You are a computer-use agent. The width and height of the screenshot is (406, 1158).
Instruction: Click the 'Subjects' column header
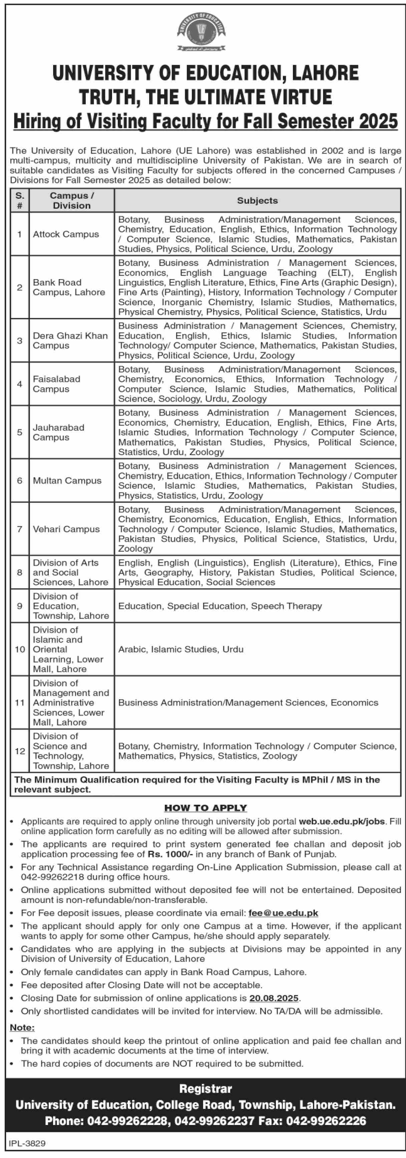[257, 200]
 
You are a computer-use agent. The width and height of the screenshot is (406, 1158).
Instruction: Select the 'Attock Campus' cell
[66, 234]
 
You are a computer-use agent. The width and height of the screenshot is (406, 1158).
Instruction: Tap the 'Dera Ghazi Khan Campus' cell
[70, 340]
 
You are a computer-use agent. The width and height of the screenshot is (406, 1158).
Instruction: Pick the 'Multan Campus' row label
[67, 480]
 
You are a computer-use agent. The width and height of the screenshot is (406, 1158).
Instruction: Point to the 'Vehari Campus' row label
[66, 529]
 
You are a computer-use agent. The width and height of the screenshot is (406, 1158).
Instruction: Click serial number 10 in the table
[20, 649]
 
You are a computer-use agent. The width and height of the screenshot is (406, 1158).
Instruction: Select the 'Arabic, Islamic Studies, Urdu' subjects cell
[180, 649]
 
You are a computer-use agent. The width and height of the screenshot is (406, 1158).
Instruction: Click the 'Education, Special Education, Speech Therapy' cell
[220, 606]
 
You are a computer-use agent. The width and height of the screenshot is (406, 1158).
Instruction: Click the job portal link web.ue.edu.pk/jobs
[342, 821]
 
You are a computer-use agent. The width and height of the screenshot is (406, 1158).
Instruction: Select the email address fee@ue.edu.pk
[283, 913]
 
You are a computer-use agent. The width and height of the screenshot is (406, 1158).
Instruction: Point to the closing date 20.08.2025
[274, 998]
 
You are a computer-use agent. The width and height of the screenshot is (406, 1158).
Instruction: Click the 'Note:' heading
[22, 1028]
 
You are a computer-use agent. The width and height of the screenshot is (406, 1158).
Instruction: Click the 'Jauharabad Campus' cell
[58, 432]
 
